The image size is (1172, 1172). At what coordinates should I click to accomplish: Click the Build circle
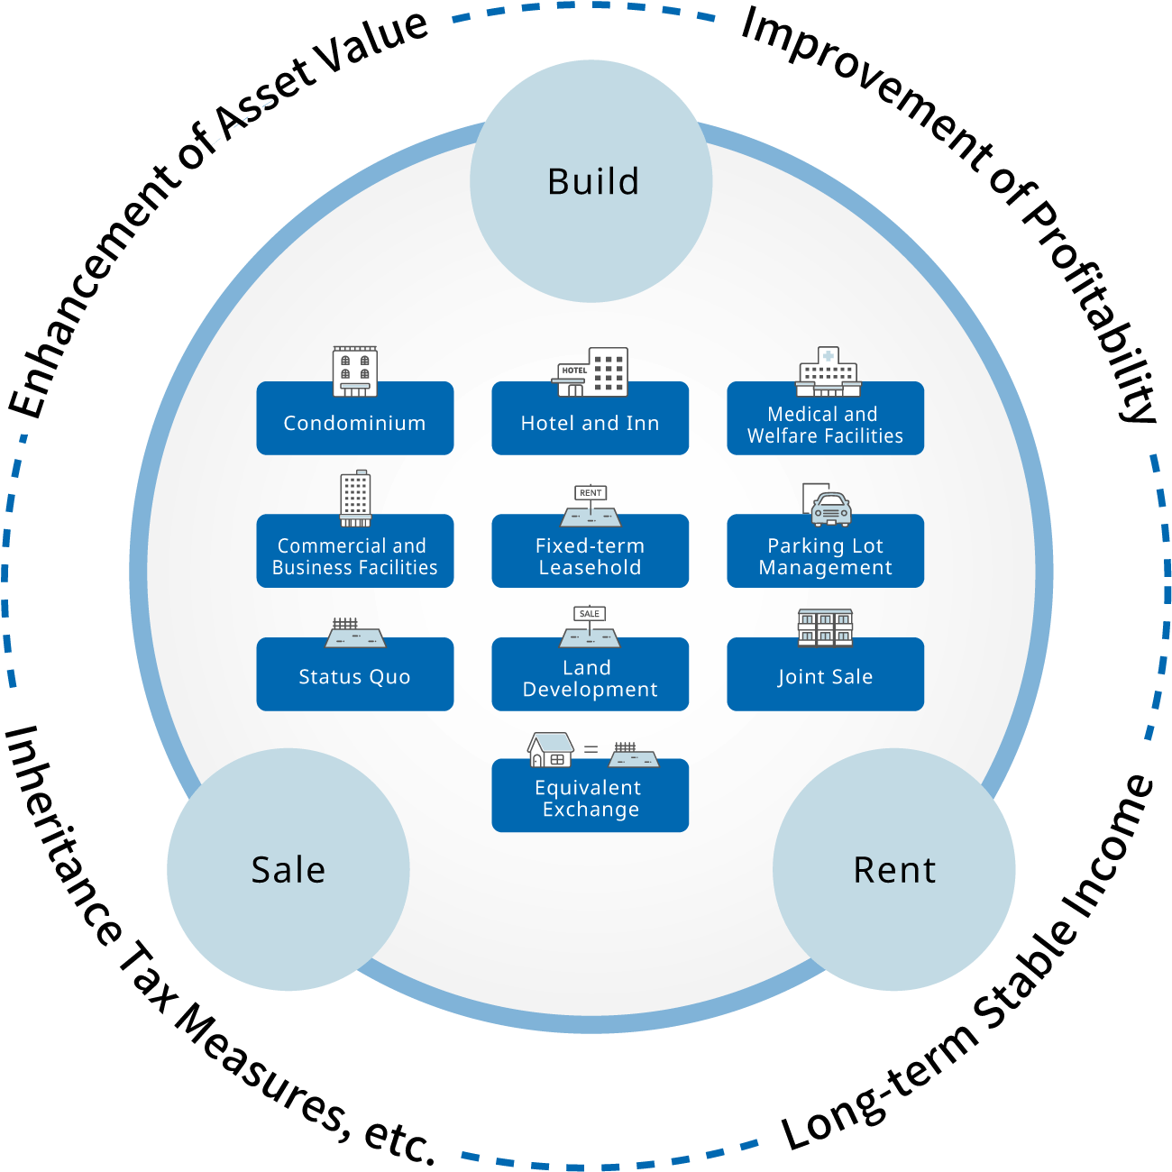point(591,181)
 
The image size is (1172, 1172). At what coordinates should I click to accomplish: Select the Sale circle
point(288,869)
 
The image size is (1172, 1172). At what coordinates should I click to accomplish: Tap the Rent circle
point(894,869)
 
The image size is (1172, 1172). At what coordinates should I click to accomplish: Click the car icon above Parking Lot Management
point(830,508)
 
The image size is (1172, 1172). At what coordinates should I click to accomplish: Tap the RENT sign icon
point(591,493)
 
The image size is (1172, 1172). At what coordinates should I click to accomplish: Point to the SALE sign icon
point(590,614)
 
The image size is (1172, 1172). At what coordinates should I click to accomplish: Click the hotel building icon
point(592,372)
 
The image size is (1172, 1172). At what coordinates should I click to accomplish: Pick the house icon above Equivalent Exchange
point(551,749)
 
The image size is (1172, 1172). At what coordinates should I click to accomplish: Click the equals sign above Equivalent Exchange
point(591,748)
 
